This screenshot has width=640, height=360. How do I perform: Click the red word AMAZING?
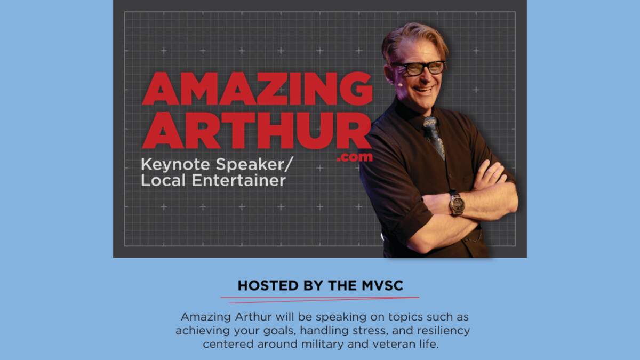(257, 89)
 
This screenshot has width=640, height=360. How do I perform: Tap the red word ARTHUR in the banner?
(257, 130)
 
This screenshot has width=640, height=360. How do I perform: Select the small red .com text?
(355, 157)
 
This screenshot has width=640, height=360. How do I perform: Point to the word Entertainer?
(238, 180)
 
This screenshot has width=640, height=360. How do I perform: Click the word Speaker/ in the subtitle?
(254, 165)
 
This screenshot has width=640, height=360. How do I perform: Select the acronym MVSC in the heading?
(382, 286)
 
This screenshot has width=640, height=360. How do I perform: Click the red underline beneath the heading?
(320, 299)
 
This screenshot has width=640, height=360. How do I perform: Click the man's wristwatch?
(457, 204)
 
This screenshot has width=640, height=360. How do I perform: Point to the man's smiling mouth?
(423, 90)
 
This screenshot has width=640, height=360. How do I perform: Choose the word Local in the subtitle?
(163, 180)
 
